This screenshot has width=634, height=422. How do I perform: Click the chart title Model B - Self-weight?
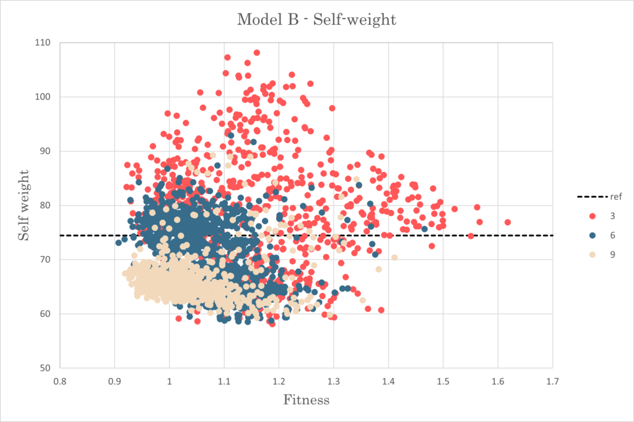tap(316, 20)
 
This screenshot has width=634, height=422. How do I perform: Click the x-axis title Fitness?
tap(306, 400)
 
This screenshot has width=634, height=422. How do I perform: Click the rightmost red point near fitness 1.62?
tap(508, 222)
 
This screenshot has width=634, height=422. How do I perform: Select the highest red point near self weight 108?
tap(256, 53)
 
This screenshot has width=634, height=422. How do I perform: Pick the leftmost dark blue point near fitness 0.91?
tap(118, 243)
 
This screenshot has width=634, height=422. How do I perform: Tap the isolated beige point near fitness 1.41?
tap(394, 257)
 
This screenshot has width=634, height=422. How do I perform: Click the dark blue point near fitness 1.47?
tap(424, 229)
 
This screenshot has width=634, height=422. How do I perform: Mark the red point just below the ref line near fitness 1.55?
tap(471, 236)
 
